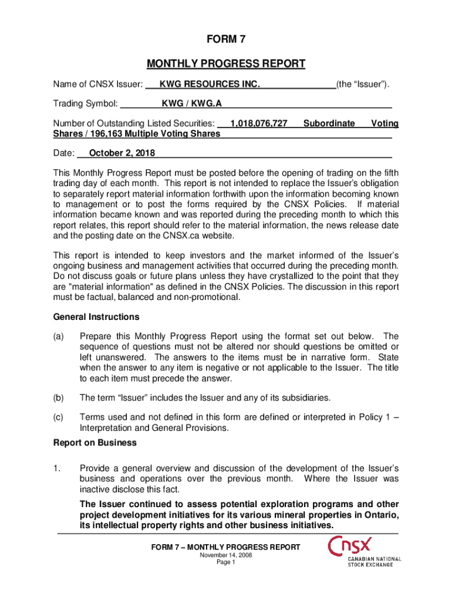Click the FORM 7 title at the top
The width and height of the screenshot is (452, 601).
[226, 40]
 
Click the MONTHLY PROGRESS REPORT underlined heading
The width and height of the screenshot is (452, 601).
[226, 63]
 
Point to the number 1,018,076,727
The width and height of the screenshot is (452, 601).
[259, 124]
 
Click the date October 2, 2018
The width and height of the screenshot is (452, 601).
[122, 154]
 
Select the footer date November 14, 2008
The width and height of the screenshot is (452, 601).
[226, 555]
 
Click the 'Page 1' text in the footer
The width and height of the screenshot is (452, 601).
[226, 562]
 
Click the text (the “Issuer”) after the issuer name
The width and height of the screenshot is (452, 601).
[363, 85]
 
